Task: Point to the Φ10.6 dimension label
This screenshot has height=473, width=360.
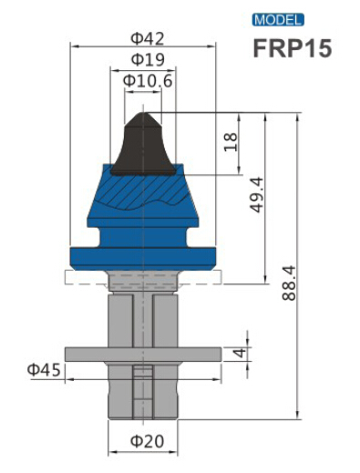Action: pyautogui.click(x=146, y=81)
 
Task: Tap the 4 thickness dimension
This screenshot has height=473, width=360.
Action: pyautogui.click(x=239, y=353)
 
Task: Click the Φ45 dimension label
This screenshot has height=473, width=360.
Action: pyautogui.click(x=43, y=369)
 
